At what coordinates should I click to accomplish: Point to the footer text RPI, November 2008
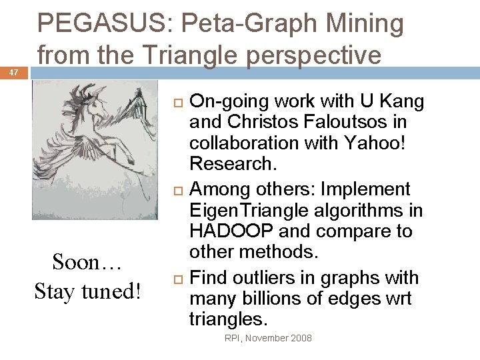268,338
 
